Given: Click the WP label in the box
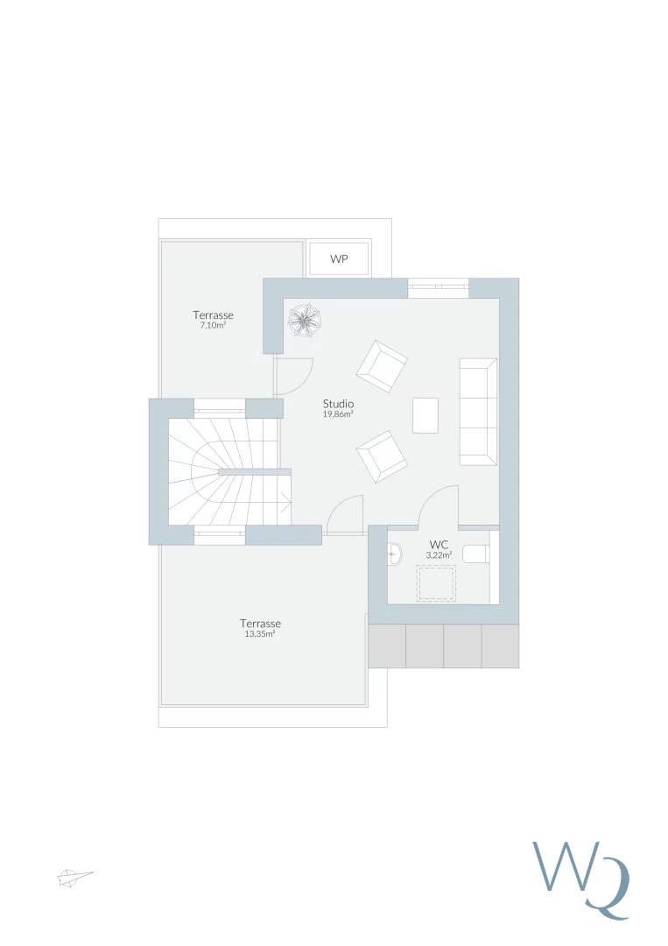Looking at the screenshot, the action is (339, 259).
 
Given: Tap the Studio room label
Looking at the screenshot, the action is (338, 404).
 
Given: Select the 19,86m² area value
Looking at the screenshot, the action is (338, 414).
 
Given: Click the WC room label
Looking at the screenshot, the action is (439, 545).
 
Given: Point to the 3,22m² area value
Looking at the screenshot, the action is (439, 554).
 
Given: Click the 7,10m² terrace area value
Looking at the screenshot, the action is (213, 325).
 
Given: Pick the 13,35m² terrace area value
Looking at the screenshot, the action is (260, 634).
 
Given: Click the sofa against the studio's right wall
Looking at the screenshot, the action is (478, 412).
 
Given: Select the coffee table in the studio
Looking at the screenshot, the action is (425, 415).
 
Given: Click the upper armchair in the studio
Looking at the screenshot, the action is (382, 366).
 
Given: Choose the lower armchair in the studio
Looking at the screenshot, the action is (382, 456).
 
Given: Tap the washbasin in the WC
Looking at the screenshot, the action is (394, 553).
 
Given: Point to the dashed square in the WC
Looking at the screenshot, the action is (437, 582).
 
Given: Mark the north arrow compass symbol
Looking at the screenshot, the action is (74, 877).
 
